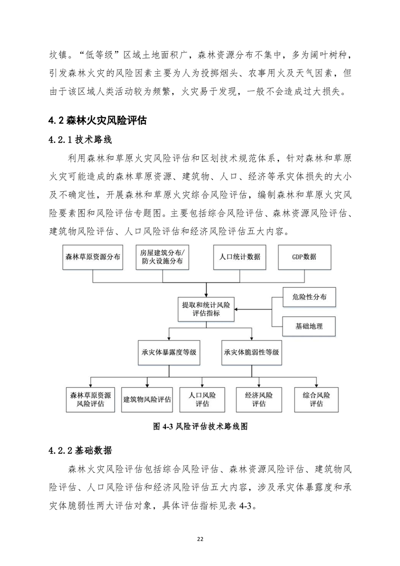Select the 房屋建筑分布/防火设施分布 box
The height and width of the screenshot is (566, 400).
click(162, 257)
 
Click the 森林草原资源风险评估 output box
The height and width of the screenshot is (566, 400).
click(91, 399)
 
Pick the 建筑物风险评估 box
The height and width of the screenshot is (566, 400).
click(147, 399)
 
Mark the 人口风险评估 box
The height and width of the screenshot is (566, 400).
click(202, 399)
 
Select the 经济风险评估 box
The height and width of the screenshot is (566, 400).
click(259, 399)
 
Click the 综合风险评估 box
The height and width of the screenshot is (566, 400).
click(316, 399)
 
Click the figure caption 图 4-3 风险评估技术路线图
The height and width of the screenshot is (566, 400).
click(200, 426)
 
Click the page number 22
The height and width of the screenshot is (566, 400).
click(200, 539)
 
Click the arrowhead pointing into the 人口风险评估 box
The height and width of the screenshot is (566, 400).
click(202, 385)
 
